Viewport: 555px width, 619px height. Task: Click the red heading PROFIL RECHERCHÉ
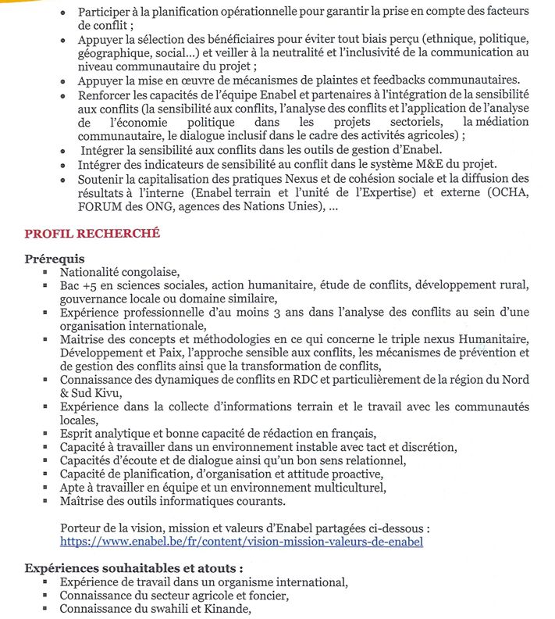[92, 233]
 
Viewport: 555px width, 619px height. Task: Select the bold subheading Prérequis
[55, 259]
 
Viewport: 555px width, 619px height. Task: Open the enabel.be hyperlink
[241, 541]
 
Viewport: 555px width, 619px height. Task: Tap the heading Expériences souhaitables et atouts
[133, 568]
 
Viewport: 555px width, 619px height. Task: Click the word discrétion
[423, 447]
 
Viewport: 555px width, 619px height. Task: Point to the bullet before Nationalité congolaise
[44, 274]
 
